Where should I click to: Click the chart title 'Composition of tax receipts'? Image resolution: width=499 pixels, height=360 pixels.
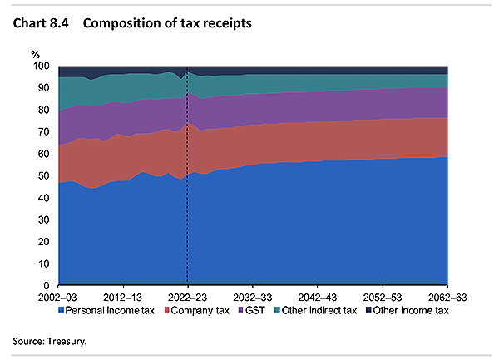(x=180, y=23)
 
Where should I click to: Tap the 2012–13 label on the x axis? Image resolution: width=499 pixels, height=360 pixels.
(x=124, y=297)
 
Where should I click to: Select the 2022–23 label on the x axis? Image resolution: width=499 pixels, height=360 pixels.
(x=188, y=297)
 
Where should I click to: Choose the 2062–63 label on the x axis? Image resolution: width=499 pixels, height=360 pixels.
(x=447, y=297)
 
